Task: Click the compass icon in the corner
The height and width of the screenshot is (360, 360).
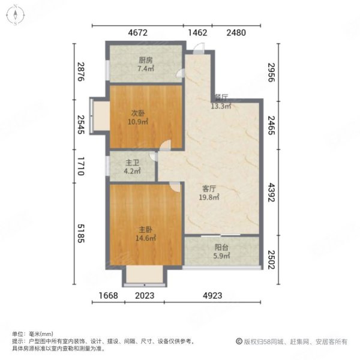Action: (x=16, y=15)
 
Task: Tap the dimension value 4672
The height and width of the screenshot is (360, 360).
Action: (x=138, y=32)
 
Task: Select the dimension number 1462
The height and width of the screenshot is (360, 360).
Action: (x=197, y=32)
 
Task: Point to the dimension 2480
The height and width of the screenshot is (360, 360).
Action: (x=236, y=32)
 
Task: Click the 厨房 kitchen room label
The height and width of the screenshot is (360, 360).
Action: (x=146, y=61)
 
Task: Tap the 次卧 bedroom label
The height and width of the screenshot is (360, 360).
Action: (x=138, y=113)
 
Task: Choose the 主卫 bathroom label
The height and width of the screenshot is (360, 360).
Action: (x=132, y=163)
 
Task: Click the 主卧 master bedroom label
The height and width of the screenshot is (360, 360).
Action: (x=146, y=230)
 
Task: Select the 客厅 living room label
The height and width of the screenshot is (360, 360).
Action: (x=209, y=189)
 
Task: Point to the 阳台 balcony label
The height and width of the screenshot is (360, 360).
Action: (x=221, y=247)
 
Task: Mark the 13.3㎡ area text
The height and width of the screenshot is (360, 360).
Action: (x=221, y=106)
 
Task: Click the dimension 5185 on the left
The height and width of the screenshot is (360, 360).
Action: (x=81, y=233)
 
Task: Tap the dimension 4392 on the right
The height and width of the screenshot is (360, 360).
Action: (x=272, y=193)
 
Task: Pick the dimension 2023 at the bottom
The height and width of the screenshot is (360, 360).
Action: (x=145, y=295)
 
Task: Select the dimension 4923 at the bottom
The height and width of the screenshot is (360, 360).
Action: (x=212, y=295)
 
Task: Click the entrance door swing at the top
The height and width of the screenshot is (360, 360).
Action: (x=199, y=48)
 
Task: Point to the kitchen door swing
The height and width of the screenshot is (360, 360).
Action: (x=180, y=73)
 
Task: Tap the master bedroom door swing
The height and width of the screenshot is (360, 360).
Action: (x=175, y=187)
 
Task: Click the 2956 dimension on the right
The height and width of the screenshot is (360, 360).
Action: (x=272, y=73)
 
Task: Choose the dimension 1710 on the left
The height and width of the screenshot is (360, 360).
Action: (x=81, y=166)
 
